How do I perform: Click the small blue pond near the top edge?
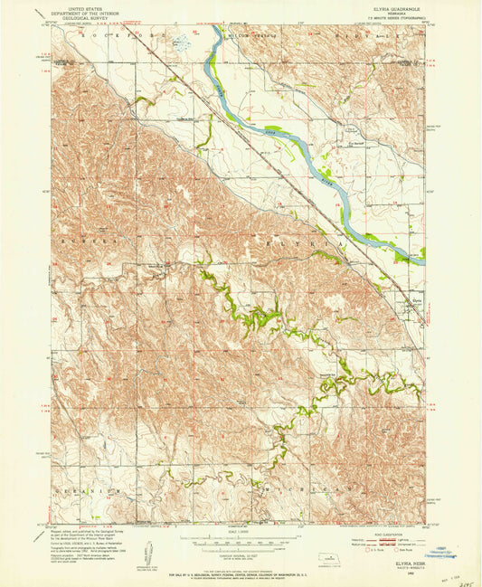pos(181,42)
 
